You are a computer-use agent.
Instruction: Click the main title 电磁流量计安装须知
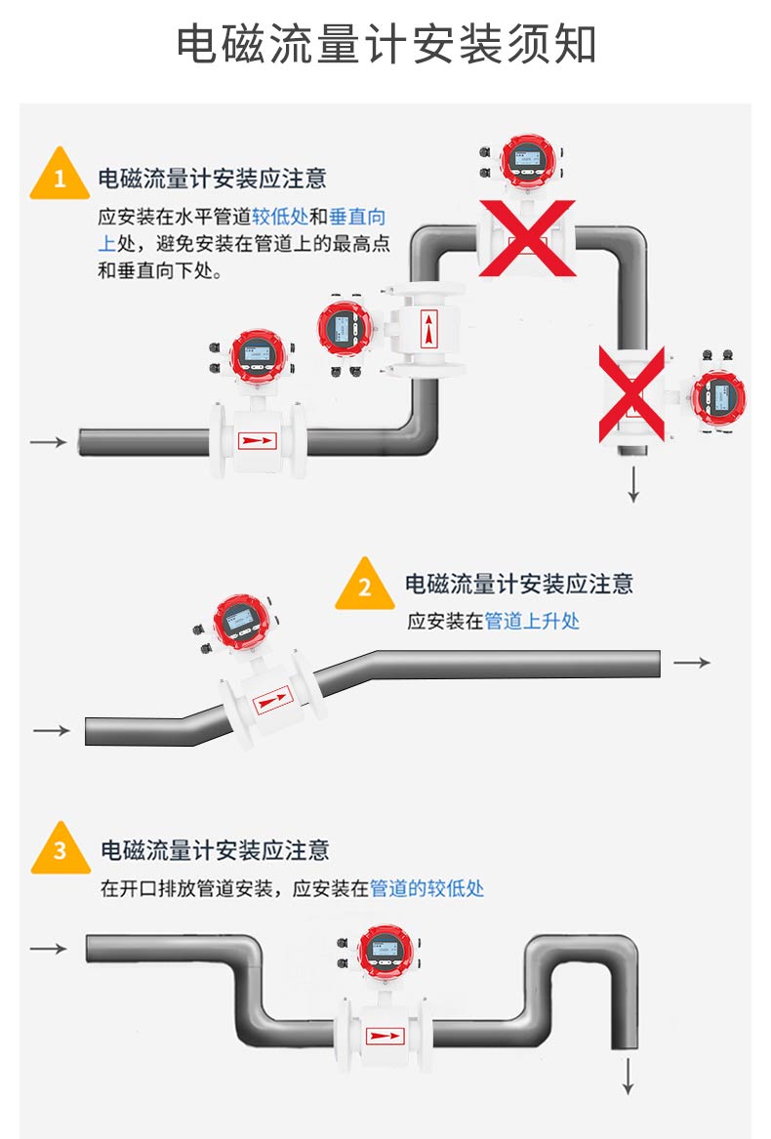click(x=385, y=45)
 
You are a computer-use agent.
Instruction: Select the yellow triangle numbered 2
click(x=365, y=587)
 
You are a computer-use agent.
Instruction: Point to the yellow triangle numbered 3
click(x=60, y=850)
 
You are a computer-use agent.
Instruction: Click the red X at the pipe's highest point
click(x=525, y=238)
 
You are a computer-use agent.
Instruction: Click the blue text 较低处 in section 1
click(x=279, y=217)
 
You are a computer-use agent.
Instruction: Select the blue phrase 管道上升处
click(x=532, y=621)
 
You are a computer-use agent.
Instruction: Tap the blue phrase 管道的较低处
click(x=426, y=888)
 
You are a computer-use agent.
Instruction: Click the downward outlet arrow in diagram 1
click(x=633, y=485)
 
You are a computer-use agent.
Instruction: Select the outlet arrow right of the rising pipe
click(x=692, y=663)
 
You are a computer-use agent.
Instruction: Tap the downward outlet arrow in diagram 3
click(x=629, y=1075)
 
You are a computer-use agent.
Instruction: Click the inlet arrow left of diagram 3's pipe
click(x=49, y=948)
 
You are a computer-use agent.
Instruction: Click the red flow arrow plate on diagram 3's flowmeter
click(x=385, y=1036)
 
